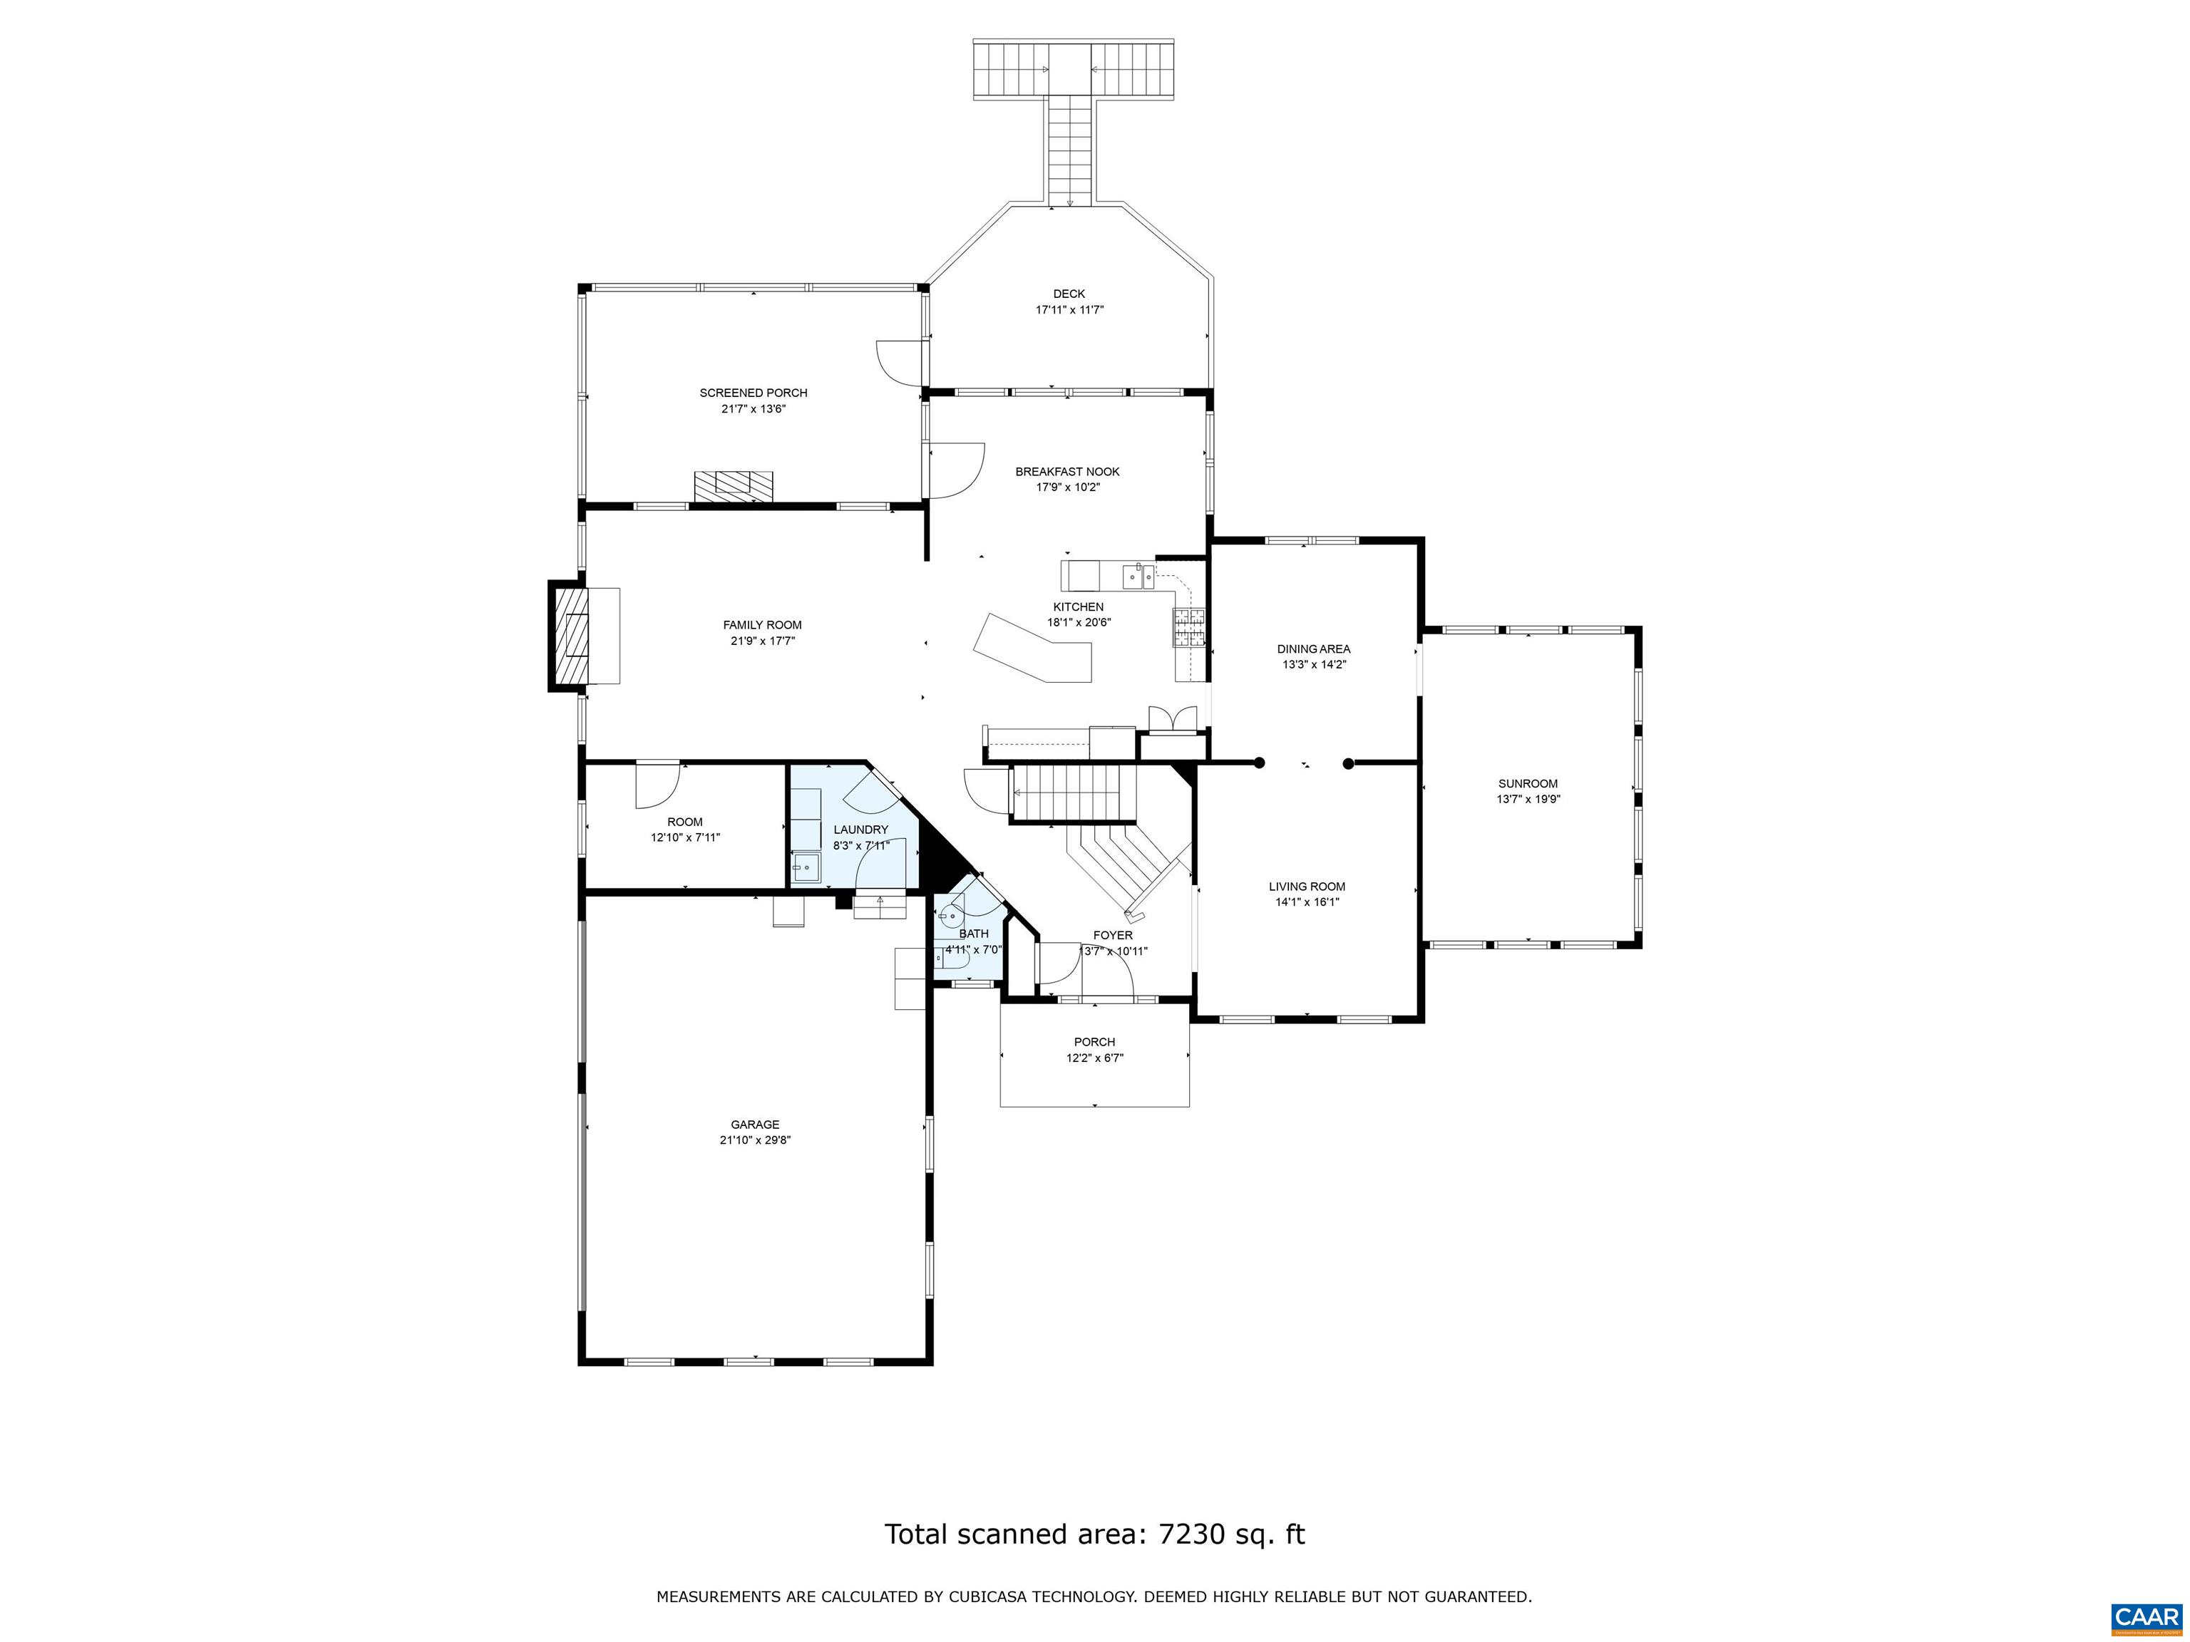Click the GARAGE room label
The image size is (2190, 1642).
(x=754, y=1125)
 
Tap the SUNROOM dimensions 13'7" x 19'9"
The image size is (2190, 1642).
(x=1528, y=800)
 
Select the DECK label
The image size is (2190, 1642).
(x=1069, y=294)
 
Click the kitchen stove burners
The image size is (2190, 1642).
(x=1190, y=627)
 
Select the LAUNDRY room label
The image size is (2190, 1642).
(x=860, y=830)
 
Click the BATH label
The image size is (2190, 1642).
(x=973, y=934)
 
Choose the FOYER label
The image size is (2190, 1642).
(x=1112, y=935)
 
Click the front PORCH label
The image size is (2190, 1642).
(x=1094, y=1042)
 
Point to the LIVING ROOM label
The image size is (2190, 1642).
(x=1307, y=887)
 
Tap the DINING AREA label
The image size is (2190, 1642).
(x=1313, y=649)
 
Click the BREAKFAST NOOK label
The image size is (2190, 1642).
(x=1067, y=472)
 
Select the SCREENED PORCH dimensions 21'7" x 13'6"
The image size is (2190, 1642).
(x=754, y=409)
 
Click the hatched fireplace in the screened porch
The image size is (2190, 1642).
(x=734, y=485)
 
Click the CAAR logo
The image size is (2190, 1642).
(x=2146, y=1617)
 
